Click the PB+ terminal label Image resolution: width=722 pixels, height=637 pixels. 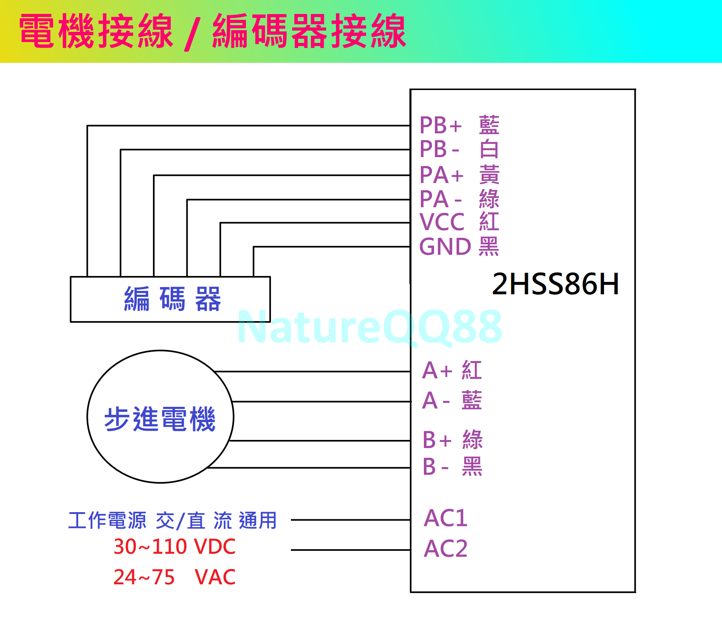pyautogui.click(x=440, y=125)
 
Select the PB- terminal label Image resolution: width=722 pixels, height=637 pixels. pyautogui.click(x=439, y=149)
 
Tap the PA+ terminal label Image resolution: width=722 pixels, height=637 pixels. pyautogui.click(x=441, y=175)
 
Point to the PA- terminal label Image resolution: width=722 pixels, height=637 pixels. pyautogui.click(x=440, y=199)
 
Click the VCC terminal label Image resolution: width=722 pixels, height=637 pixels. pyautogui.click(x=442, y=222)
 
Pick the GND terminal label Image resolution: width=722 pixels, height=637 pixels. pyautogui.click(x=445, y=247)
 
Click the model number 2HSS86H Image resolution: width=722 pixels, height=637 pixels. pyautogui.click(x=555, y=284)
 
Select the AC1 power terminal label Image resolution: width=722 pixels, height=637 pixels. pyautogui.click(x=446, y=518)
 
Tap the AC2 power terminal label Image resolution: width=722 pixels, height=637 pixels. pyautogui.click(x=446, y=548)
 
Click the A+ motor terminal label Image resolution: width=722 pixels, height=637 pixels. pyautogui.click(x=437, y=370)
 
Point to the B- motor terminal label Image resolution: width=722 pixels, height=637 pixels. pyautogui.click(x=435, y=467)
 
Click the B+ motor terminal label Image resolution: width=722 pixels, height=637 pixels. pyautogui.click(x=437, y=440)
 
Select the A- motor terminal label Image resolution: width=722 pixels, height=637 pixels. pyautogui.click(x=436, y=400)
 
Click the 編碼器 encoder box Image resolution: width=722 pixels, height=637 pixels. pyautogui.click(x=170, y=299)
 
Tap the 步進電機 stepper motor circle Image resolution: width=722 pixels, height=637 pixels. pyautogui.click(x=160, y=417)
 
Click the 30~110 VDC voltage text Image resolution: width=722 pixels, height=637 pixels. pyautogui.click(x=174, y=547)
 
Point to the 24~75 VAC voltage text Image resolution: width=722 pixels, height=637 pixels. pyautogui.click(x=174, y=577)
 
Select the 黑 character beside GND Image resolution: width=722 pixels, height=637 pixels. pyautogui.click(x=488, y=247)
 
